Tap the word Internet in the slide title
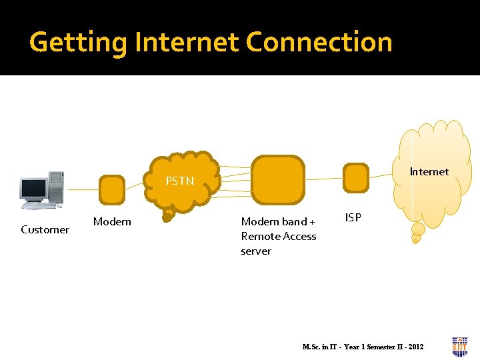(x=187, y=42)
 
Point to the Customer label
(x=45, y=230)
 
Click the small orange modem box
(x=111, y=190)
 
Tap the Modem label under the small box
(x=112, y=221)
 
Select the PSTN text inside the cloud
(x=180, y=181)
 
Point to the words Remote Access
(x=279, y=236)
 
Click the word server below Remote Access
(x=256, y=251)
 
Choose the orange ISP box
(x=355, y=178)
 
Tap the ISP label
(x=353, y=217)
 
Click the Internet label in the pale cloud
(x=429, y=172)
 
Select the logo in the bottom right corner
(x=459, y=346)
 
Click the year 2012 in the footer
(x=414, y=347)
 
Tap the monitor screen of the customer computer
(x=33, y=189)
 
